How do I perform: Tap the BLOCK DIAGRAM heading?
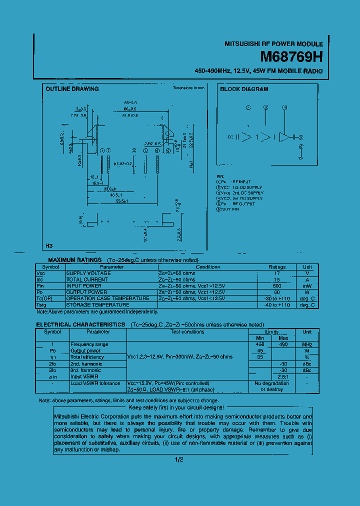[x=244, y=89]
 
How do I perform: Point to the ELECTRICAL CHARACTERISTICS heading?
[x=80, y=324]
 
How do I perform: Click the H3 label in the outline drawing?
[x=49, y=245]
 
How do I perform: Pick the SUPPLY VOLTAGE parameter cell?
[x=88, y=273]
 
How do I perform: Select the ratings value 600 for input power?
[x=277, y=286]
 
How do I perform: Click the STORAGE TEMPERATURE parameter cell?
[x=98, y=304]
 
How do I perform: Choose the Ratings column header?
[x=277, y=267]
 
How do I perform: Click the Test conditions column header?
[x=187, y=331]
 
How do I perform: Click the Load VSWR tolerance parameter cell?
[x=95, y=383]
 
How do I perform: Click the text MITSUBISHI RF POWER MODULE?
[x=273, y=44]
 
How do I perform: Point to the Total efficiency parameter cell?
[x=87, y=357]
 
